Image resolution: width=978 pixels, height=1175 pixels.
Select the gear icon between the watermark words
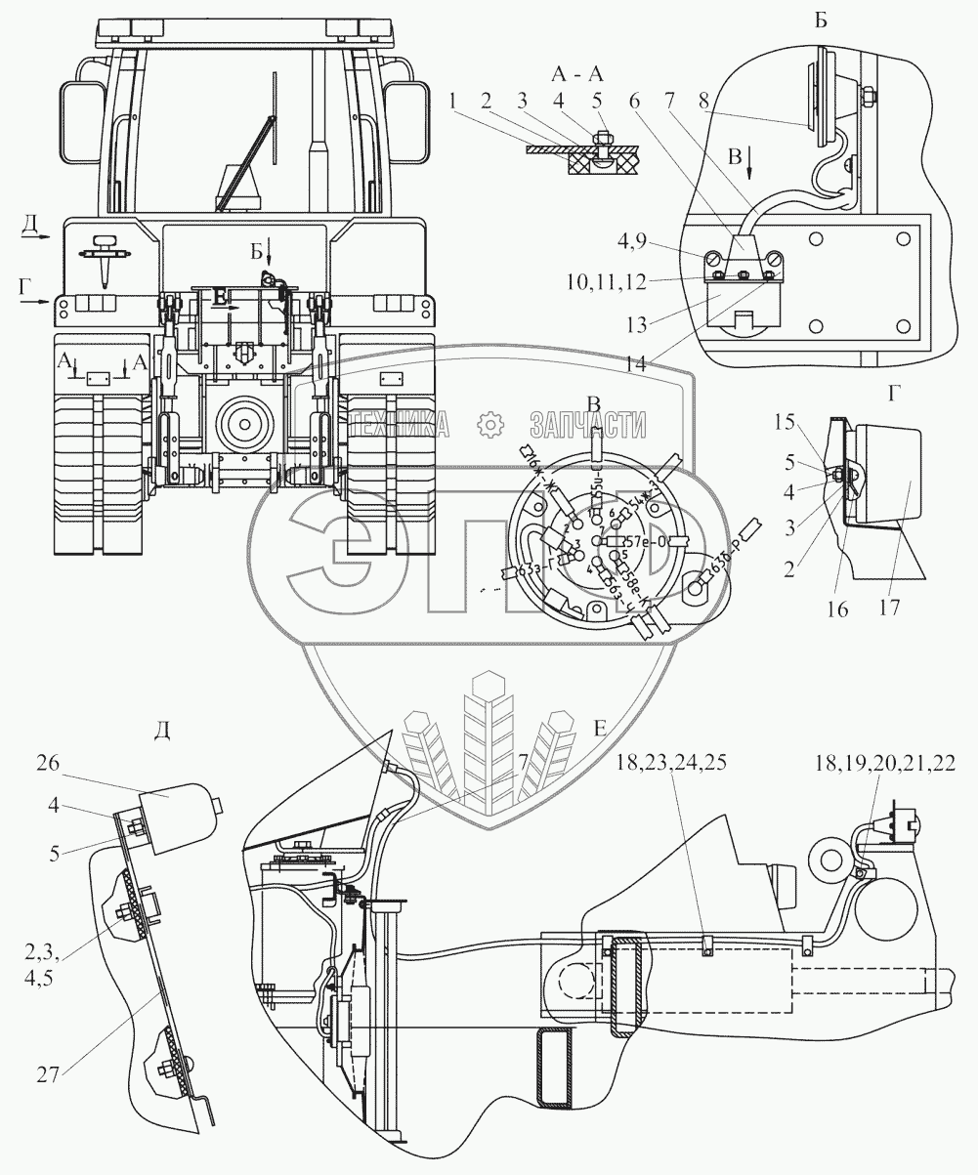point(489,424)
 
